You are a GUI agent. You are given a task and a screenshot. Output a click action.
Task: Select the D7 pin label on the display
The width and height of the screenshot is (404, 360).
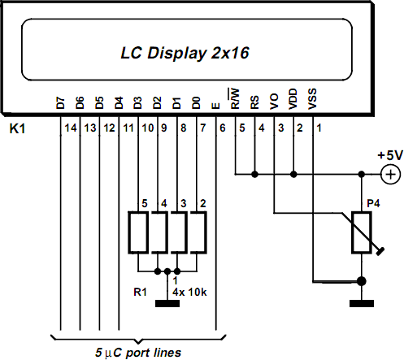tap(60, 103)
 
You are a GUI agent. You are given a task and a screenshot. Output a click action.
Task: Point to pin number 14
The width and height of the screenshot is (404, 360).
tap(69, 128)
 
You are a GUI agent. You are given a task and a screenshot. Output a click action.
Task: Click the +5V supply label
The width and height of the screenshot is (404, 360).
tap(389, 155)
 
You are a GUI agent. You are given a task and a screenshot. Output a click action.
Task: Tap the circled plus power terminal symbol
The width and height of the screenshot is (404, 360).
tap(391, 174)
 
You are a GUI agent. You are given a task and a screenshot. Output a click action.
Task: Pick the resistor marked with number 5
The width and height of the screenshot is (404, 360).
tap(139, 233)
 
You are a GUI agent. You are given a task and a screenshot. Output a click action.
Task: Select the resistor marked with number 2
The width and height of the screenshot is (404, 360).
tap(198, 233)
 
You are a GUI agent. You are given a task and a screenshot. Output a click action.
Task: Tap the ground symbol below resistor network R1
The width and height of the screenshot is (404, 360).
tap(168, 303)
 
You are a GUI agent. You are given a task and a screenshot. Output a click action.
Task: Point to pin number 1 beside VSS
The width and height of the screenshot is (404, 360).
tap(319, 128)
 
